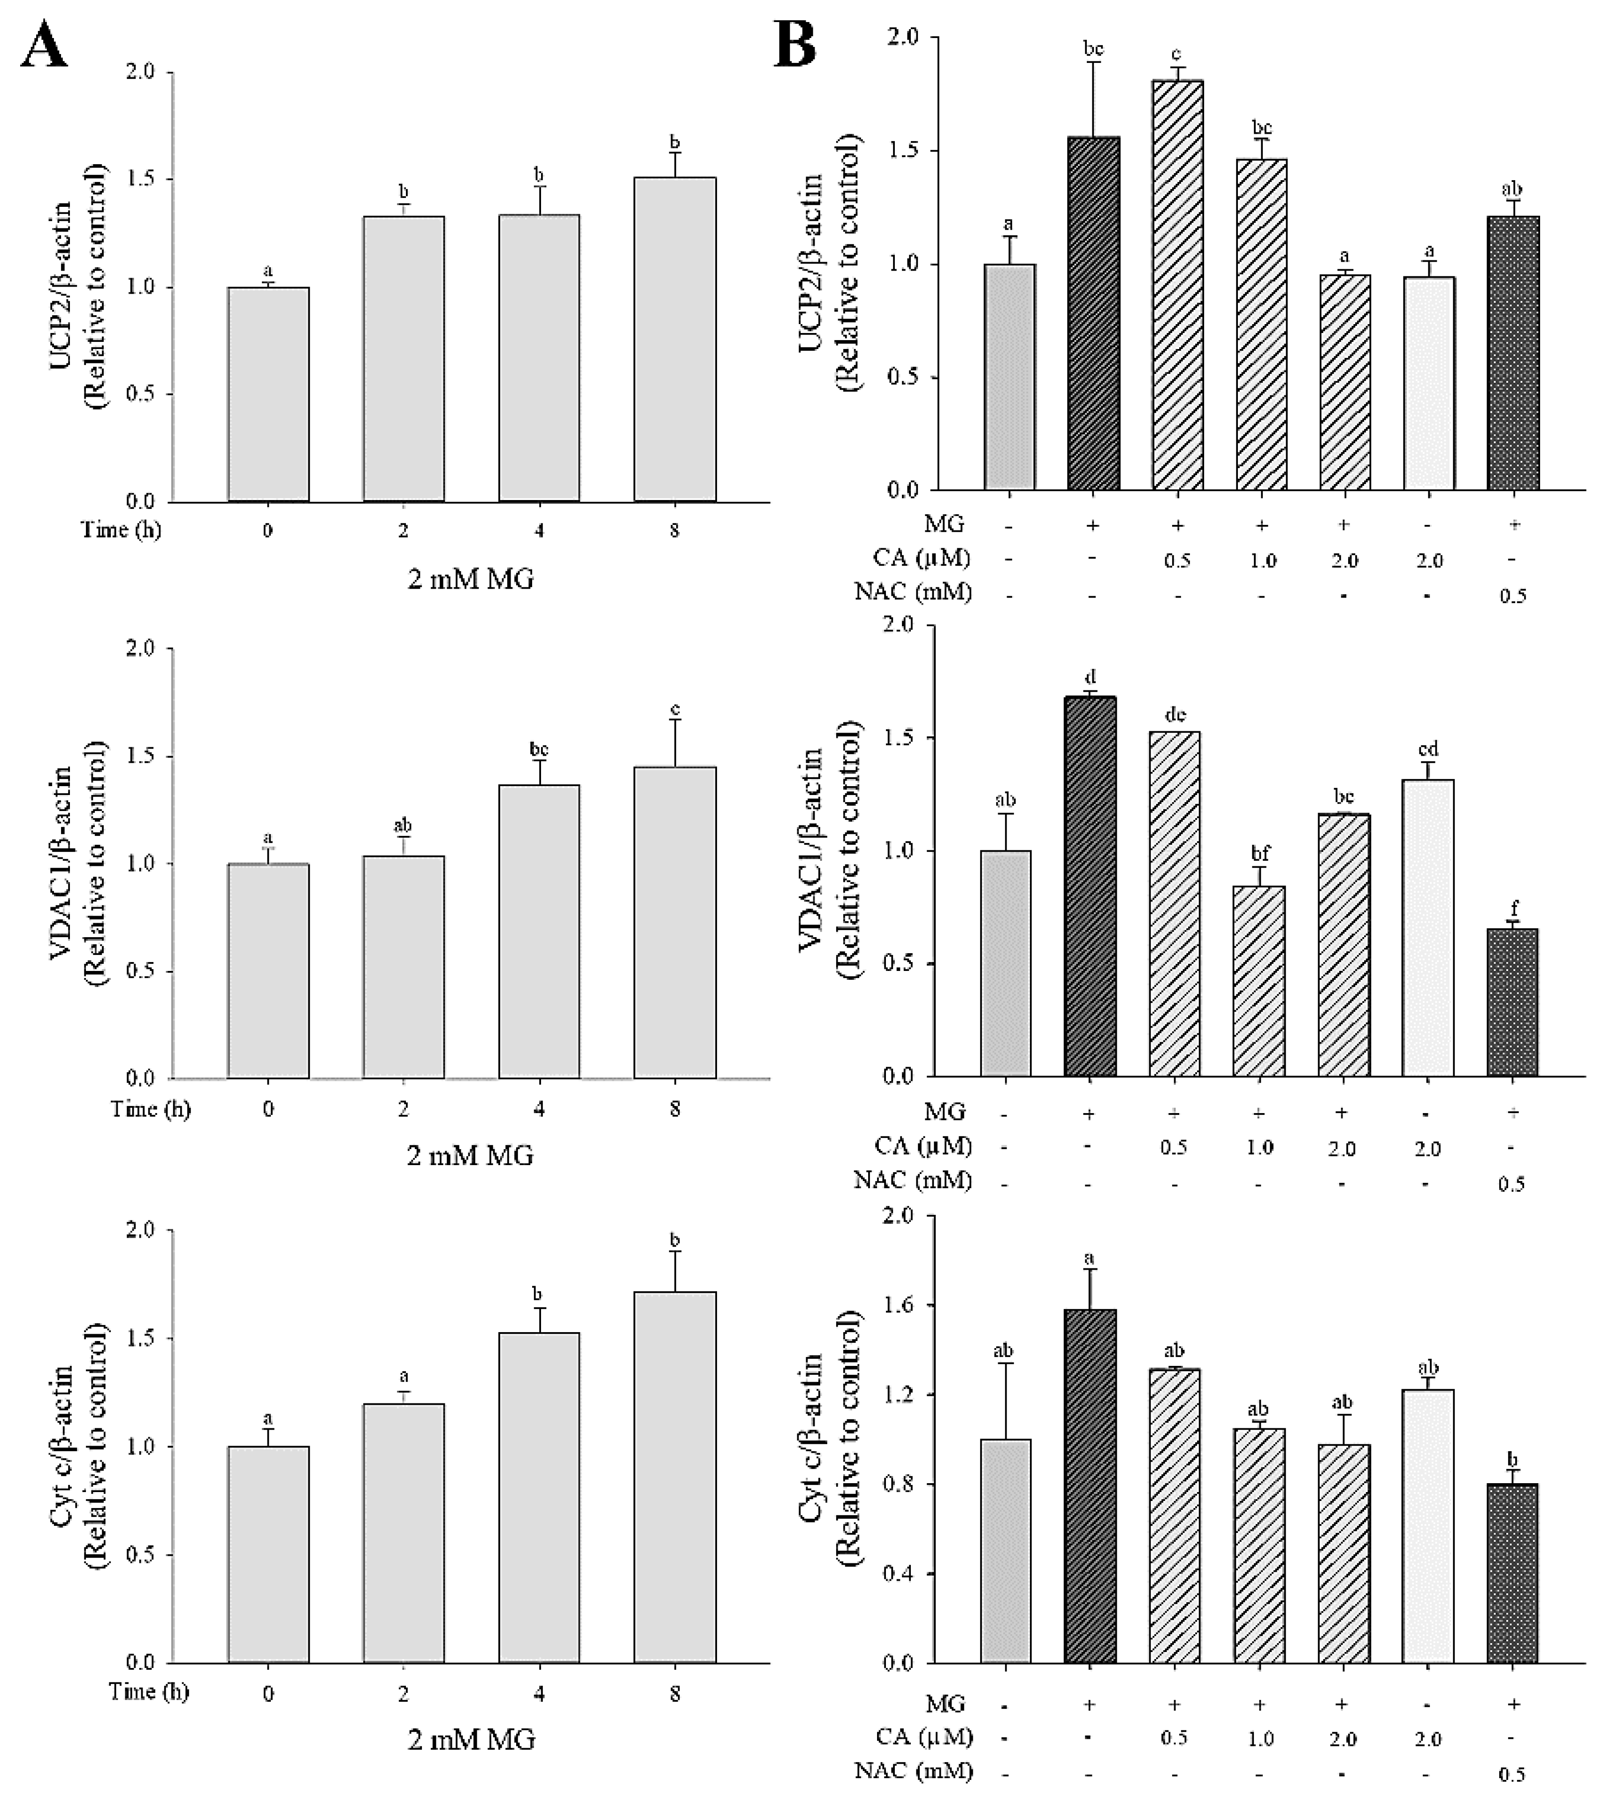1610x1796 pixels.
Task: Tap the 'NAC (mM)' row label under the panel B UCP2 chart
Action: coord(913,592)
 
